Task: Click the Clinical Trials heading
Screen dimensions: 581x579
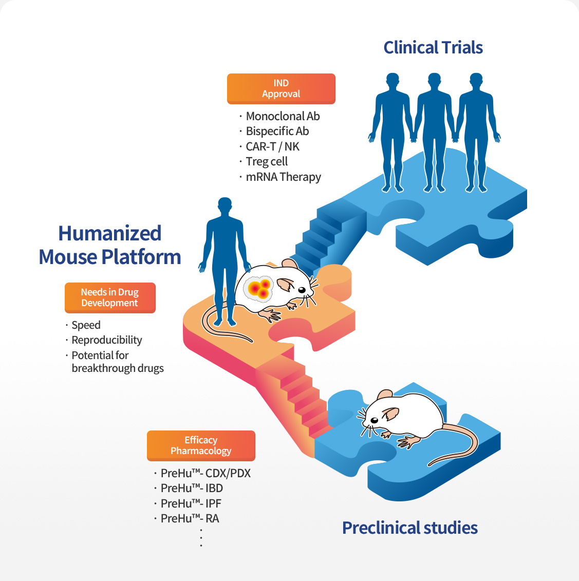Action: (x=433, y=48)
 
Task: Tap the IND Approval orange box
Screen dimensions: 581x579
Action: (x=281, y=88)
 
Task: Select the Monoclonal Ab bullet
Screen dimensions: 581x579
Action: (x=283, y=116)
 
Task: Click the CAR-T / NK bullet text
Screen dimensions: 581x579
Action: (x=272, y=146)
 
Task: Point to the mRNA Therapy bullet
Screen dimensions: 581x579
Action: (x=283, y=177)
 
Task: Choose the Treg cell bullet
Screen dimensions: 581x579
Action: (x=267, y=161)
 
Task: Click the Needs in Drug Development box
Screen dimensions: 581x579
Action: (x=110, y=297)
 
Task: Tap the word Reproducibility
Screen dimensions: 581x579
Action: (x=107, y=340)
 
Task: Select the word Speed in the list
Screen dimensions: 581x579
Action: (x=86, y=325)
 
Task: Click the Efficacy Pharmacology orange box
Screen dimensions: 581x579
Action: (x=201, y=445)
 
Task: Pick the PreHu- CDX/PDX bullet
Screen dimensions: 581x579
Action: (x=206, y=473)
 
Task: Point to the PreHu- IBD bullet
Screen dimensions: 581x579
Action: (x=192, y=488)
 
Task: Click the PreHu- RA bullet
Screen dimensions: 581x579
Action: (x=190, y=518)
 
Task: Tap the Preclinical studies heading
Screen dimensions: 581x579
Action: (x=410, y=528)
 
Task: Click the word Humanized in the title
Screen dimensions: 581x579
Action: (x=110, y=233)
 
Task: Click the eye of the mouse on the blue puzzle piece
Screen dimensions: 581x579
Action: (x=374, y=420)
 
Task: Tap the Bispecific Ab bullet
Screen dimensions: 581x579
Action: (x=277, y=131)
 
